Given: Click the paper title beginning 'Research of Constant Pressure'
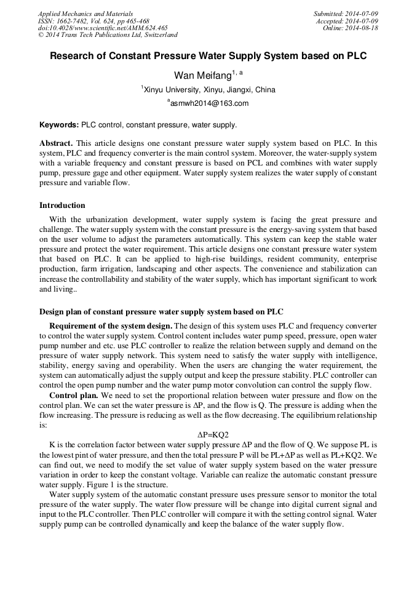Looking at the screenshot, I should (x=208, y=56).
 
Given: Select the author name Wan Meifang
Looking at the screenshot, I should (x=204, y=75).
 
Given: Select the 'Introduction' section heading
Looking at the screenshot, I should (x=62, y=205).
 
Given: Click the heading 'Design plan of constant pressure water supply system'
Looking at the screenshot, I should (x=161, y=312).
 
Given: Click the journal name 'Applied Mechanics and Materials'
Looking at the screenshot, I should (x=85, y=14).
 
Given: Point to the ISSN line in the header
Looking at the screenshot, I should (x=93, y=21).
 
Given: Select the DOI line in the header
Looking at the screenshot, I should (x=103, y=28).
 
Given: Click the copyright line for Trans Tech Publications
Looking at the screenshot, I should (x=108, y=35).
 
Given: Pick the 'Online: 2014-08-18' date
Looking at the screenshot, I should (x=350, y=28).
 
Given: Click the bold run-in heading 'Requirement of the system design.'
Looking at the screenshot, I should (x=111, y=325).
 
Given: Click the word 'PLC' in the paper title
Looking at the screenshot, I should (x=356, y=56).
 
